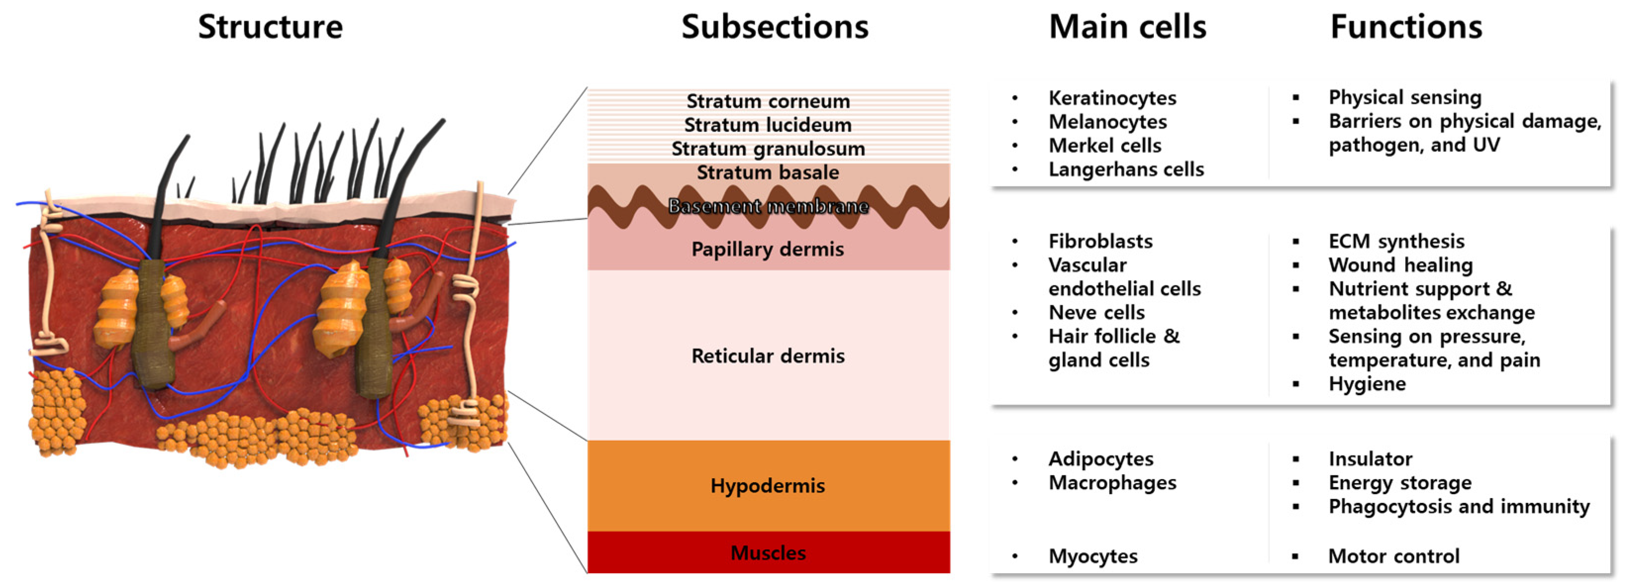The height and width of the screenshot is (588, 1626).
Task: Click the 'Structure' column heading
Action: pos(270,27)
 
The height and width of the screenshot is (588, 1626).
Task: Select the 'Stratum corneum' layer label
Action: pos(768,101)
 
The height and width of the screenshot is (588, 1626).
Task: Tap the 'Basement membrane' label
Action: pos(768,206)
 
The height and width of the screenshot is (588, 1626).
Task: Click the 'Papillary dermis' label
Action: pos(768,249)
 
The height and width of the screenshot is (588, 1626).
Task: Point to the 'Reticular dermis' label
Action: pos(768,356)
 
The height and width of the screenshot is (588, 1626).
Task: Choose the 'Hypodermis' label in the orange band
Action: pos(768,486)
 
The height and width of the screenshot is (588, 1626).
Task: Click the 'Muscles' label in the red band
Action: pos(768,553)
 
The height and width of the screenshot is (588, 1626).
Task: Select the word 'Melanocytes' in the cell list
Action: pos(1108,122)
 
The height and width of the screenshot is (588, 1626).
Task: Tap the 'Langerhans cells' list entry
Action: pos(1126,169)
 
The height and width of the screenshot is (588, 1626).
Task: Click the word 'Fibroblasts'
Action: pos(1100,241)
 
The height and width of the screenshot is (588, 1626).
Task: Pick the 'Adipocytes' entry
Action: pos(1101,458)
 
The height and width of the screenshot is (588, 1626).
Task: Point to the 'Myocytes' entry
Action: pos(1092,556)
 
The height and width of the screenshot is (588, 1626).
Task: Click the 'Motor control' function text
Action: pos(1394,556)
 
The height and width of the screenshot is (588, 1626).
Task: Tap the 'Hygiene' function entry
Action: pos(1367,384)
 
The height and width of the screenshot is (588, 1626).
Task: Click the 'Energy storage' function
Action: pos(1400,483)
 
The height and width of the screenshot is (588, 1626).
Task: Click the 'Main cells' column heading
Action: pos(1128,27)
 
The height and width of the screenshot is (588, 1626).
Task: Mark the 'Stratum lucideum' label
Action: pos(768,125)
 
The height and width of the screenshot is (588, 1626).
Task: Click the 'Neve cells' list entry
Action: pos(1096,312)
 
